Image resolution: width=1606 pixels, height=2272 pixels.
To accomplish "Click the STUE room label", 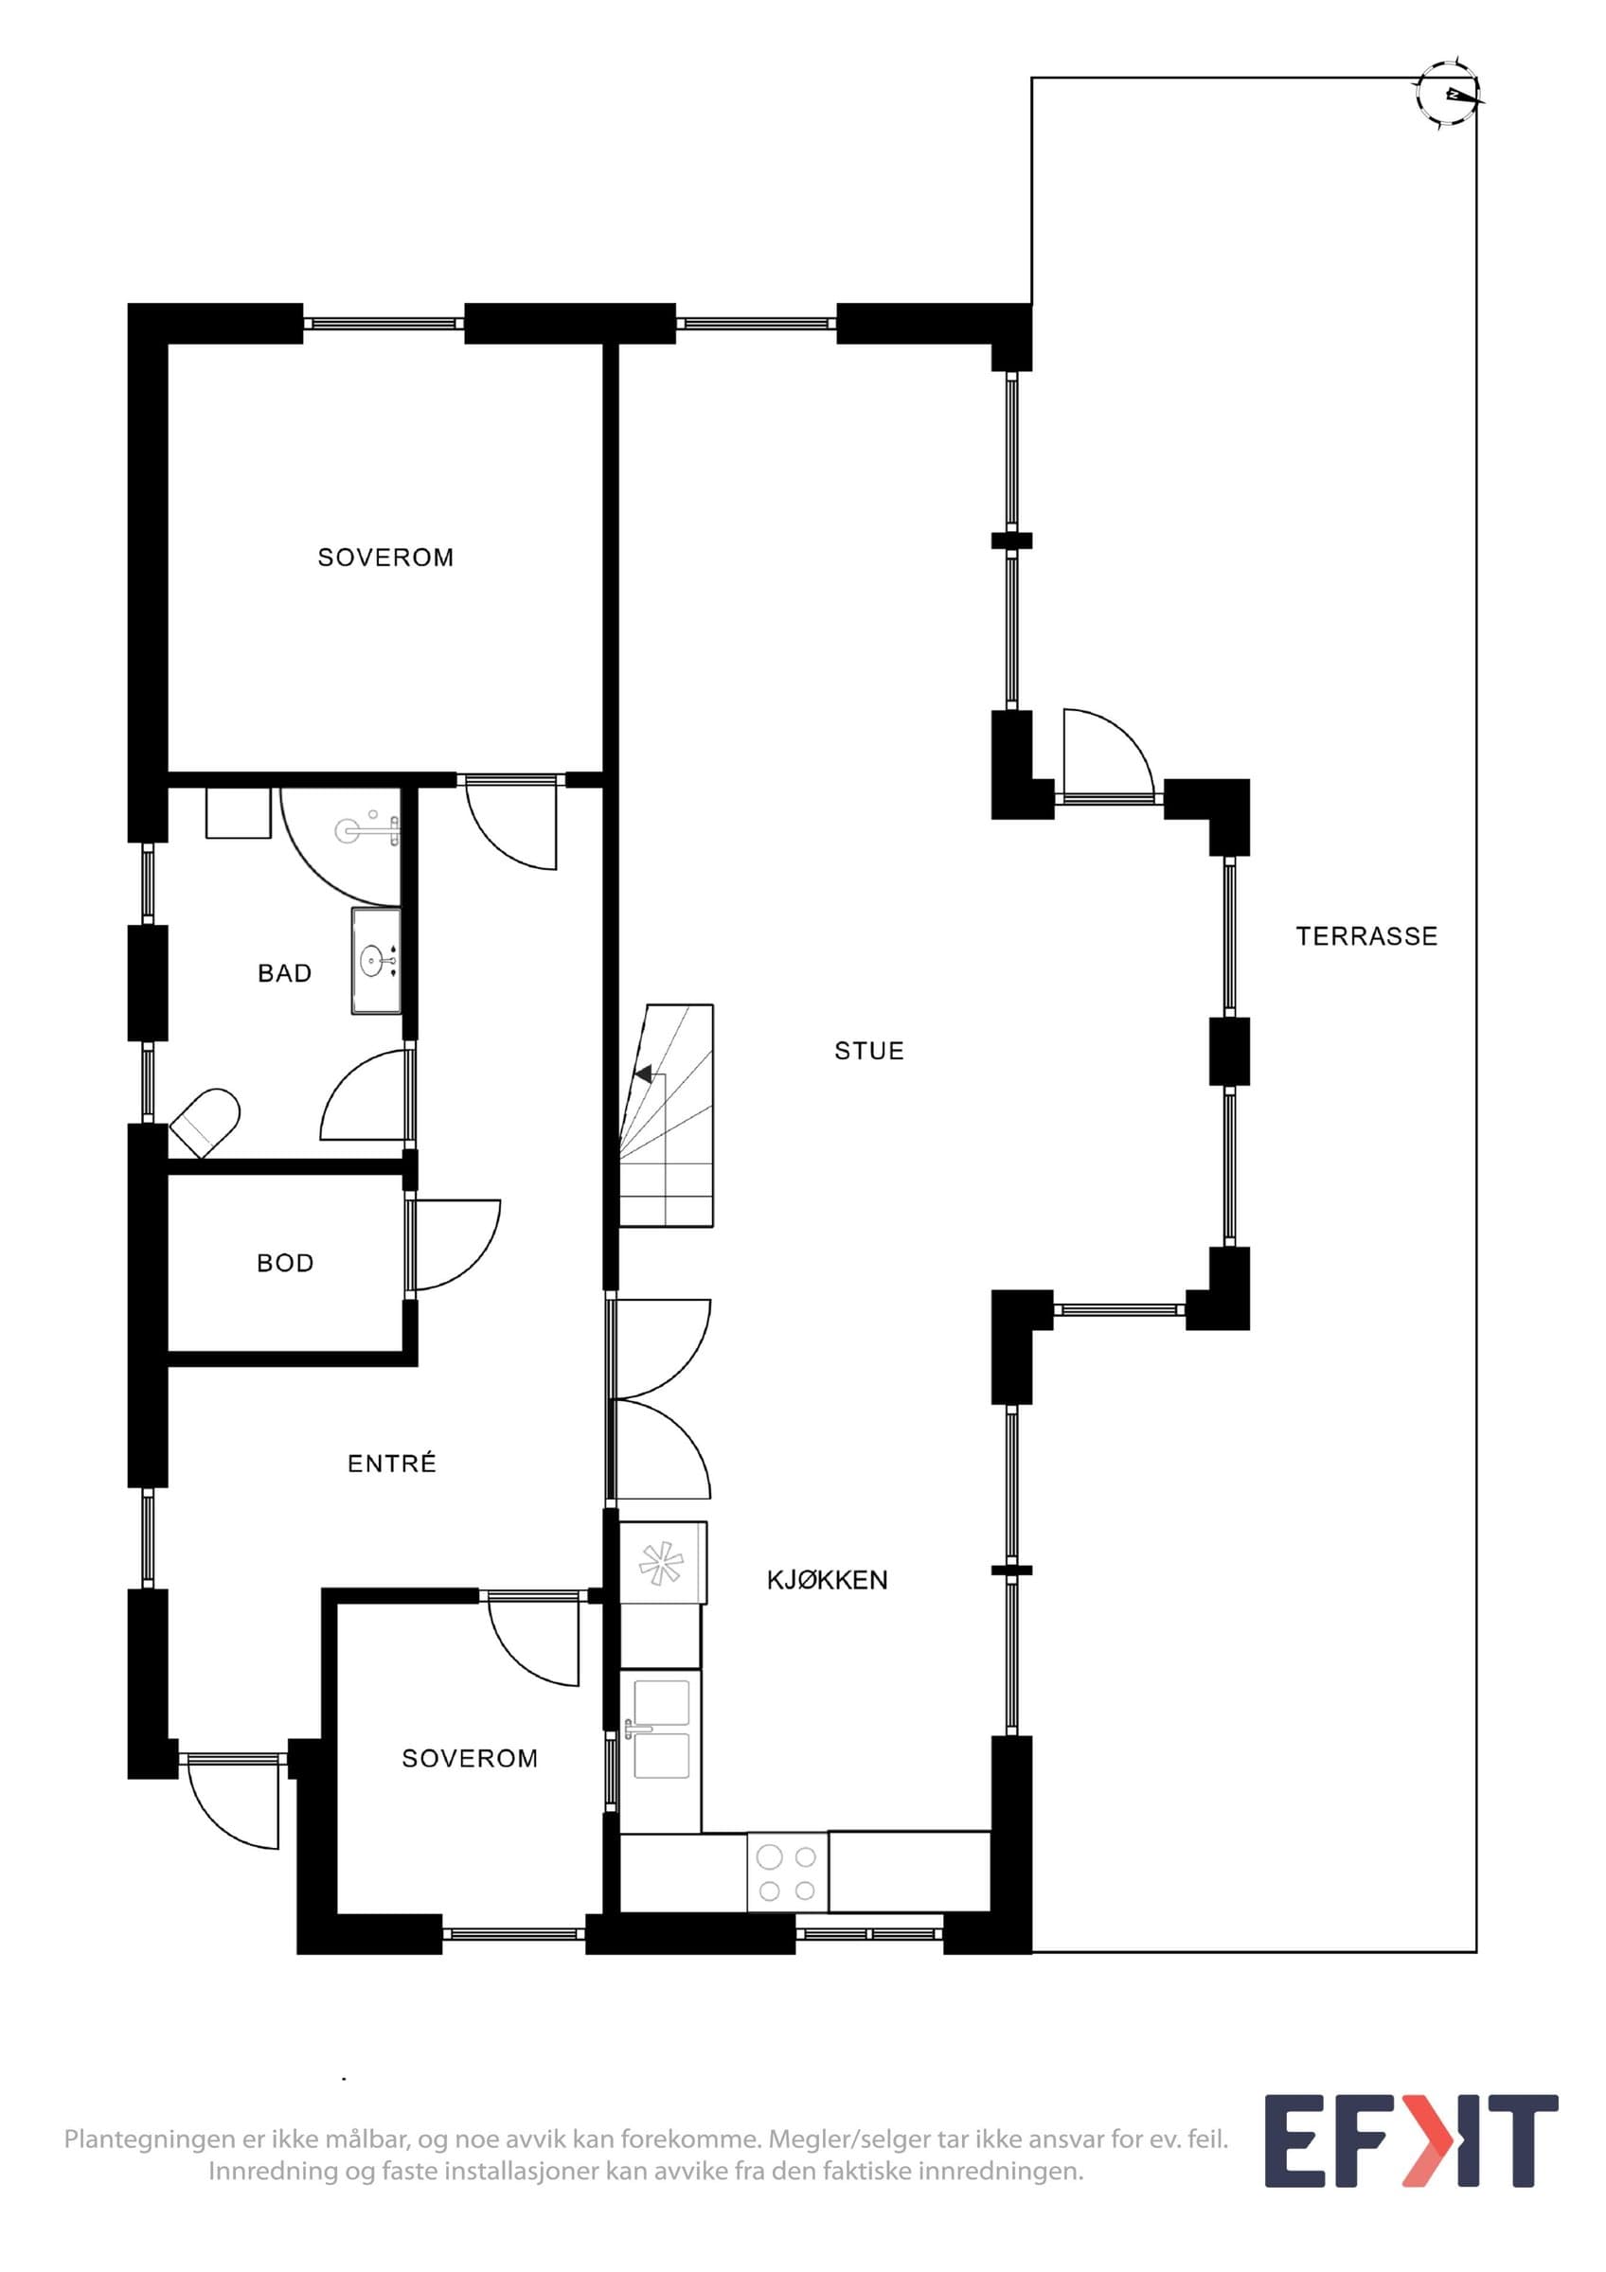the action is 868,1051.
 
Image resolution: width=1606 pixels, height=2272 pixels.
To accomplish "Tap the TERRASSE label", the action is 1366,936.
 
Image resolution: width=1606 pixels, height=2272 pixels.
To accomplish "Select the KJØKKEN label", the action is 828,1580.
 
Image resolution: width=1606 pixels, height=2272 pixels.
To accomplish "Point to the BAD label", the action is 285,974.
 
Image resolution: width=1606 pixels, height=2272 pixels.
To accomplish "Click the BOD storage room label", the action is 285,1264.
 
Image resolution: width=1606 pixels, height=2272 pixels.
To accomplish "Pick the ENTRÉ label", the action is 392,1464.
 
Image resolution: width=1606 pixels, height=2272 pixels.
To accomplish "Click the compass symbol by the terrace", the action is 1449,95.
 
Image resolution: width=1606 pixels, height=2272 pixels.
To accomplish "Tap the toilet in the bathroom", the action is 205,1123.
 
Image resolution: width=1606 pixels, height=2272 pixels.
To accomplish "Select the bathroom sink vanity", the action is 376,960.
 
